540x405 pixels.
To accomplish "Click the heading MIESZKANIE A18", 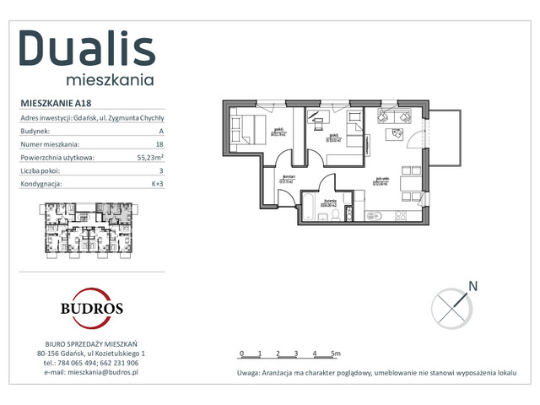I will pos(56,103).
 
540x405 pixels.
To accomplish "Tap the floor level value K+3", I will pos(157,183).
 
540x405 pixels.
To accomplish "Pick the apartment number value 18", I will pos(159,144).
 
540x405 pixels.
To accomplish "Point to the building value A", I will pos(160,132).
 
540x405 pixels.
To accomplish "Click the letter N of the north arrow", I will pos(472,286).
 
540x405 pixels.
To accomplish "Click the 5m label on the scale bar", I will pos(335,354).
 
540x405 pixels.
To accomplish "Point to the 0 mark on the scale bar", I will pos(241,354).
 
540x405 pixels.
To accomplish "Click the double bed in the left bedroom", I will pos(244,132).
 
